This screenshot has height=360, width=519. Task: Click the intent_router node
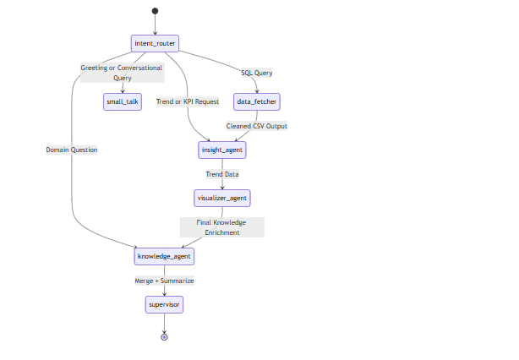[x=156, y=43]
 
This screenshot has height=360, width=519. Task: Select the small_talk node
[x=123, y=101]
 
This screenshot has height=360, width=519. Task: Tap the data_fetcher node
[x=257, y=101]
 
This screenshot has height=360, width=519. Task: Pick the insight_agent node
[x=222, y=150]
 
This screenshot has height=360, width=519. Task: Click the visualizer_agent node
[x=222, y=198]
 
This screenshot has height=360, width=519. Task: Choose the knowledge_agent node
[x=164, y=255]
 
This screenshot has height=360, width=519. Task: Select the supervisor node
[x=164, y=303]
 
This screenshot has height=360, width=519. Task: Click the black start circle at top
[x=156, y=11]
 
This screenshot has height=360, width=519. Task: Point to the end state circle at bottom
[x=164, y=336]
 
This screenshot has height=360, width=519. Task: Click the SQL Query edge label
[x=257, y=73]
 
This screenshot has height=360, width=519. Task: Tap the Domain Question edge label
[x=72, y=150]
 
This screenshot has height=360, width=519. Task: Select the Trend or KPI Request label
[x=188, y=101]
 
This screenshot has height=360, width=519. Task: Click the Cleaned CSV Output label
[x=257, y=126]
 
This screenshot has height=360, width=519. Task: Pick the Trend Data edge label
[x=222, y=174]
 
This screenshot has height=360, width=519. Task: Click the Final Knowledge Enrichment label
[x=222, y=226]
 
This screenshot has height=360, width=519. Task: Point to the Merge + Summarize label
[x=164, y=280]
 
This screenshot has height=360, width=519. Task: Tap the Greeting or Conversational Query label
[x=122, y=73]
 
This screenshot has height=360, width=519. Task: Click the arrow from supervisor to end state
[x=164, y=323]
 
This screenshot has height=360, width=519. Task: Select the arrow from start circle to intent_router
[x=156, y=25]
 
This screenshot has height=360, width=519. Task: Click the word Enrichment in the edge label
[x=222, y=232]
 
